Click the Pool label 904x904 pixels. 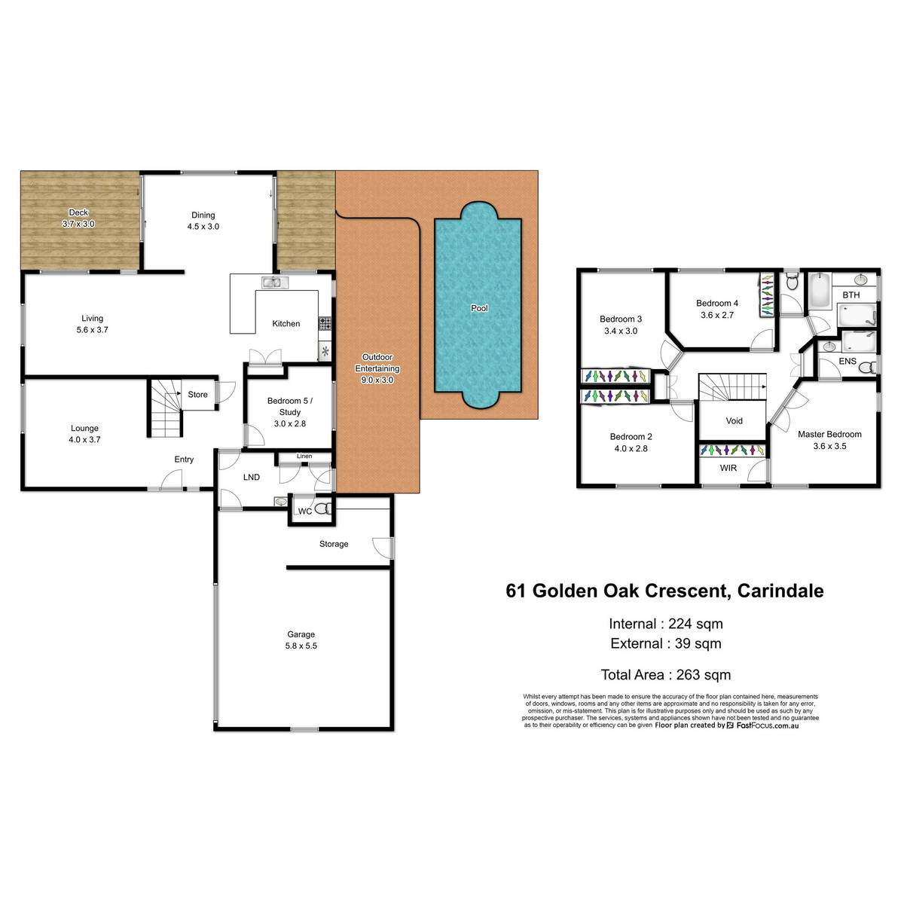[x=479, y=308]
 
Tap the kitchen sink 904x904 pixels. [x=275, y=282]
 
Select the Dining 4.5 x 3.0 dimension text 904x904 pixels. [x=203, y=227]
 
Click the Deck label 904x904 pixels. [x=78, y=212]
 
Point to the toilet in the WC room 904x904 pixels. [x=322, y=508]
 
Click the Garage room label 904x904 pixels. [x=301, y=634]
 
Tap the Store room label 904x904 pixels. [x=197, y=395]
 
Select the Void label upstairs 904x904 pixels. [x=734, y=421]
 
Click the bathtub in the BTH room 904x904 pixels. [x=819, y=290]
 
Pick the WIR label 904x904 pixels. [x=728, y=468]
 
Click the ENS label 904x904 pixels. [x=847, y=362]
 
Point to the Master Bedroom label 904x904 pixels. [x=829, y=435]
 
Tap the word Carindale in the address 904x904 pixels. [x=780, y=591]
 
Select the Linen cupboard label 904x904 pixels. [x=304, y=456]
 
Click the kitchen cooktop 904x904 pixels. [x=325, y=323]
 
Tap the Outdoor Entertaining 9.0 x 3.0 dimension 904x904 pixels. [x=377, y=380]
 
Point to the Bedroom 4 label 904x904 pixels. [x=717, y=303]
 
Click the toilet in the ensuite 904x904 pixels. [x=869, y=368]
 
